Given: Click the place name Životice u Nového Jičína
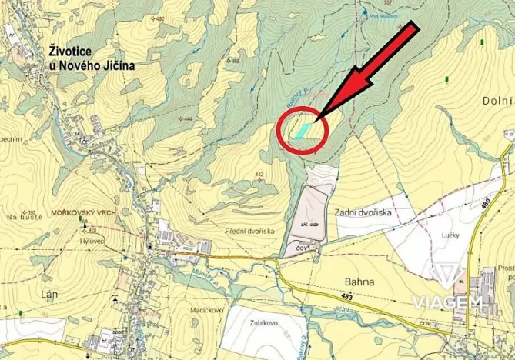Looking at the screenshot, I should tap(86, 58).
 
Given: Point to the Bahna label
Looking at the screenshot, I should tap(359, 282).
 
